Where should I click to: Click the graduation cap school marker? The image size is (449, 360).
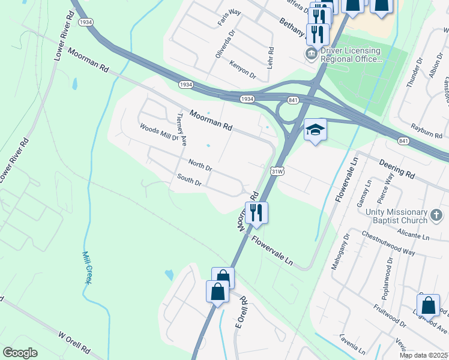coord(315,130)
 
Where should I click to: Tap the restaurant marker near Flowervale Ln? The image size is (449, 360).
coord(256,212)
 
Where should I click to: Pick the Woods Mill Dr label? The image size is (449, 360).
coord(159,132)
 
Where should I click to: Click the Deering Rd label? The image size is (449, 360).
coord(397,169)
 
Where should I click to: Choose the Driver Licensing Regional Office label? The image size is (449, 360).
coord(351,55)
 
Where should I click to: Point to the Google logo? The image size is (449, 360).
coord(20,353)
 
